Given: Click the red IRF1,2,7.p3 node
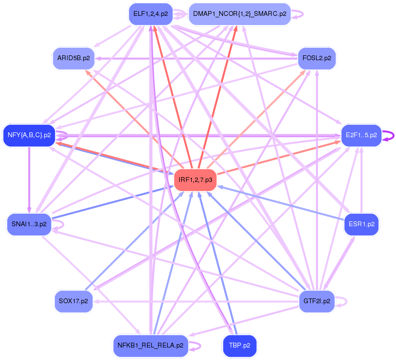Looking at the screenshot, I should [x=195, y=180].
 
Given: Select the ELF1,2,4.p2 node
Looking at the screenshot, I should [x=150, y=13].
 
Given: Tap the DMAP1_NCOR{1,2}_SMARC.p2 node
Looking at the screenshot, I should [x=239, y=13].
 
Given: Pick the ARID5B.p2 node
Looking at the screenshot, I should [x=73, y=58].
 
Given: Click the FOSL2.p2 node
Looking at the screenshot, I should [x=317, y=58].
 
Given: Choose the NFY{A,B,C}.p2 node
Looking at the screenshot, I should [x=29, y=135].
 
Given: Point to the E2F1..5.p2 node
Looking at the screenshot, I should [x=361, y=135].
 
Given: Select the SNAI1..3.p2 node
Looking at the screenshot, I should [x=29, y=224].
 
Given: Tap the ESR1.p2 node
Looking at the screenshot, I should [x=361, y=224].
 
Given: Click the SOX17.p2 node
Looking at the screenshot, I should [x=73, y=301].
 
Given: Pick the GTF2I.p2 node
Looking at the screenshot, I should [x=317, y=301].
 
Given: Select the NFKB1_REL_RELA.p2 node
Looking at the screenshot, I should [x=150, y=345].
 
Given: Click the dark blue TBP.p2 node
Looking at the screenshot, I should [x=239, y=345].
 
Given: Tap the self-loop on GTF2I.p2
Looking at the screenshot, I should [x=343, y=301].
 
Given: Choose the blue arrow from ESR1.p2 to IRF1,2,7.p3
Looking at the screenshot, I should [x=279, y=203].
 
